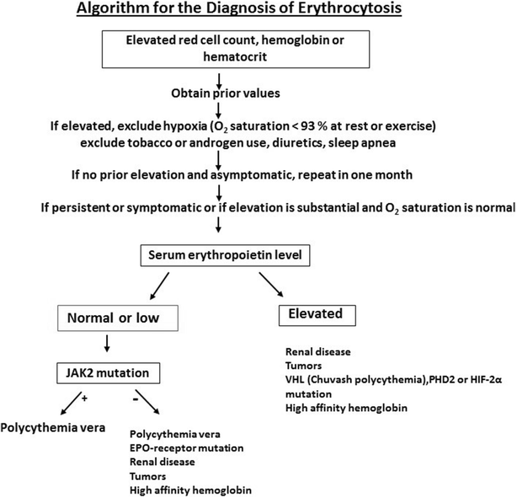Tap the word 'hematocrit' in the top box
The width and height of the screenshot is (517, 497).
pos(222,60)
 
